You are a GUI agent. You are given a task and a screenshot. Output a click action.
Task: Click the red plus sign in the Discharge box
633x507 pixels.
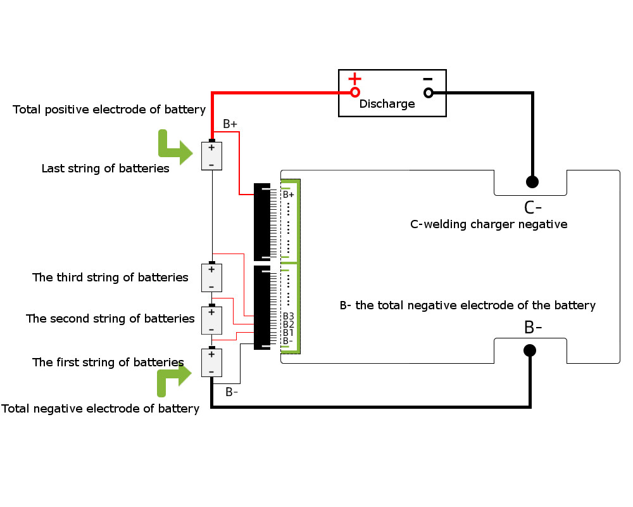355,79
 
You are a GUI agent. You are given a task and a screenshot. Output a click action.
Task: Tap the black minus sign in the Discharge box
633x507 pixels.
428,79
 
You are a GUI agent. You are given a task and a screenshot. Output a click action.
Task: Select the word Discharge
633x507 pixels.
387,104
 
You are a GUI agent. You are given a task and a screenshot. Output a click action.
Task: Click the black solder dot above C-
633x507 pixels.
532,182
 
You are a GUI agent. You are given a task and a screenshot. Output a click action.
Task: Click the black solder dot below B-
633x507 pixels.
530,350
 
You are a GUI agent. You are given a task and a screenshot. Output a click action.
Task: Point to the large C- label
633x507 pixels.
532,207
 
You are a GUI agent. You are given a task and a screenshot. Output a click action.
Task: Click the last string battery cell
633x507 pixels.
211,155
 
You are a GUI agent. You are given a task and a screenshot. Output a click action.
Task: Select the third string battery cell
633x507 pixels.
211,277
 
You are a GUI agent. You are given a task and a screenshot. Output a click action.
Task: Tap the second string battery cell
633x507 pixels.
211,320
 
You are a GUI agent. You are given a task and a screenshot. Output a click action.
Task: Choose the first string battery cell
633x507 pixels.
211,363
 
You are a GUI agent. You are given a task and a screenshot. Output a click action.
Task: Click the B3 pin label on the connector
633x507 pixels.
288,316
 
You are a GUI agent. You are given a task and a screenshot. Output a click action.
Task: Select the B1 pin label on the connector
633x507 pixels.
288,332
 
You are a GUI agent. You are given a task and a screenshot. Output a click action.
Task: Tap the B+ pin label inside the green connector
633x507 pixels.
289,195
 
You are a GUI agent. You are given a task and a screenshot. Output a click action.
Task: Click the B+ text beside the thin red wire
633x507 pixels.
230,125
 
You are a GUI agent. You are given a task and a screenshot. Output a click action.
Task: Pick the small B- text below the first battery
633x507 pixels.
232,392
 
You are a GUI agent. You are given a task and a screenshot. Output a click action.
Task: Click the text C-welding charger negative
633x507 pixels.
489,224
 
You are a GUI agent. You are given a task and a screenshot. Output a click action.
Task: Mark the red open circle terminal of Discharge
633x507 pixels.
355,93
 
